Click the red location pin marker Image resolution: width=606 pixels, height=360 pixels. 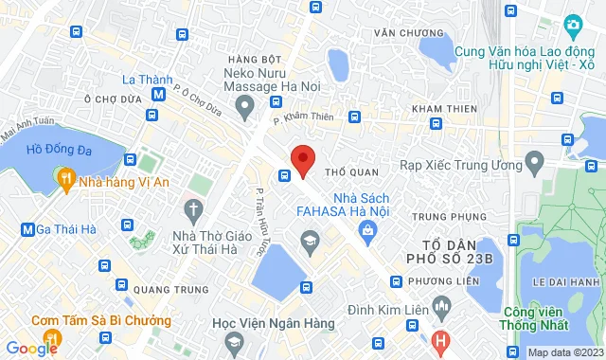click(x=302, y=159)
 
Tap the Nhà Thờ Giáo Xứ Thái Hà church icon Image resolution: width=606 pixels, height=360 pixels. click(x=193, y=207)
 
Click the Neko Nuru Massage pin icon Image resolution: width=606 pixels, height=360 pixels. click(x=245, y=104)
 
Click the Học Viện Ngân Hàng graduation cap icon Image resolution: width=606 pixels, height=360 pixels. click(x=309, y=243)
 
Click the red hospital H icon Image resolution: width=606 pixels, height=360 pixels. click(x=439, y=340)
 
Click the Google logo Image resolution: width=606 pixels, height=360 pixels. click(x=30, y=349)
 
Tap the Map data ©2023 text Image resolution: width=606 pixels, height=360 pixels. click(x=563, y=352)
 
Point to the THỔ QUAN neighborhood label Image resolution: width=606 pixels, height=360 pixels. click(x=351, y=172)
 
